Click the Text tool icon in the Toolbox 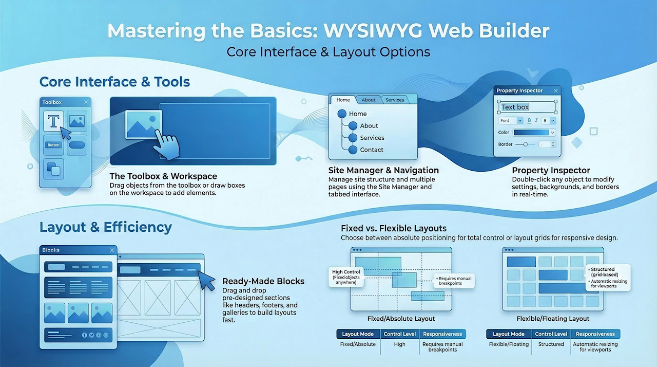(x=53, y=121)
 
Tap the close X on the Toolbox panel (x=86, y=102)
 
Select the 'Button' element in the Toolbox (x=53, y=145)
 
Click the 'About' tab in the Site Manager (x=369, y=100)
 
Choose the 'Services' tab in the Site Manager (x=395, y=100)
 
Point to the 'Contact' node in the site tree (x=372, y=150)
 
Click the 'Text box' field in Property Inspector (x=527, y=107)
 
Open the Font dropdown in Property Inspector (x=511, y=121)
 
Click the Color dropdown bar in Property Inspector (x=534, y=133)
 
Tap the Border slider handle (x=525, y=144)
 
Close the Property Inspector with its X (x=555, y=90)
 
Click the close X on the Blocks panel (x=112, y=250)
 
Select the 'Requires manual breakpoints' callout (x=454, y=281)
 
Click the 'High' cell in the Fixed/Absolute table (x=399, y=344)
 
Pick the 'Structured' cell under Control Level (x=551, y=344)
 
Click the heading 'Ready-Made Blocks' (x=263, y=281)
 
